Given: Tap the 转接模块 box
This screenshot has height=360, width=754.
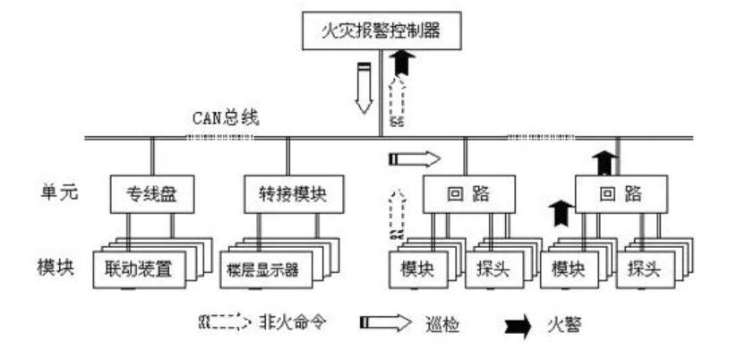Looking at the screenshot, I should tap(287, 195).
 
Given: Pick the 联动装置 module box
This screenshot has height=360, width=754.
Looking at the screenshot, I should tap(139, 269).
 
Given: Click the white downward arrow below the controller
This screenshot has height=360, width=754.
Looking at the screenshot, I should tap(364, 89).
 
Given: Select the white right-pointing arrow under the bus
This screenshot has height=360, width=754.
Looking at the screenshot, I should tap(415, 159).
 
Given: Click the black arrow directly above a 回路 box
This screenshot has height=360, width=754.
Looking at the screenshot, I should tap(605, 164).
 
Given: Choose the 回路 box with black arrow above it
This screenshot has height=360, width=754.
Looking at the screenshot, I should tap(621, 195).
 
